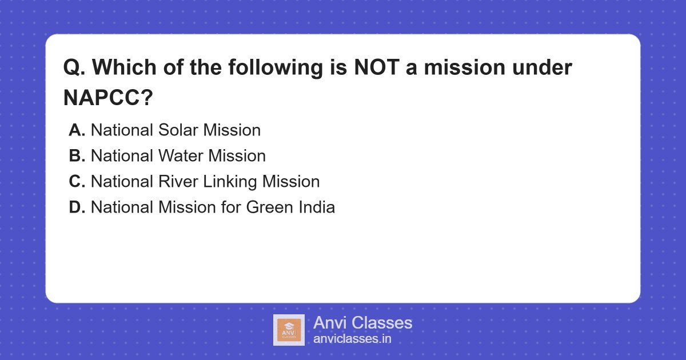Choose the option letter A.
[x=77, y=130]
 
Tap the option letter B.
[x=77, y=156]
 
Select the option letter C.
[x=77, y=182]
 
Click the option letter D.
[x=77, y=207]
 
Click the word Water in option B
[x=180, y=156]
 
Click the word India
[x=316, y=207]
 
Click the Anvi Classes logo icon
[x=289, y=330]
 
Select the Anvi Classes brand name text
[x=362, y=323]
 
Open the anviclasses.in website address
[x=352, y=339]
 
